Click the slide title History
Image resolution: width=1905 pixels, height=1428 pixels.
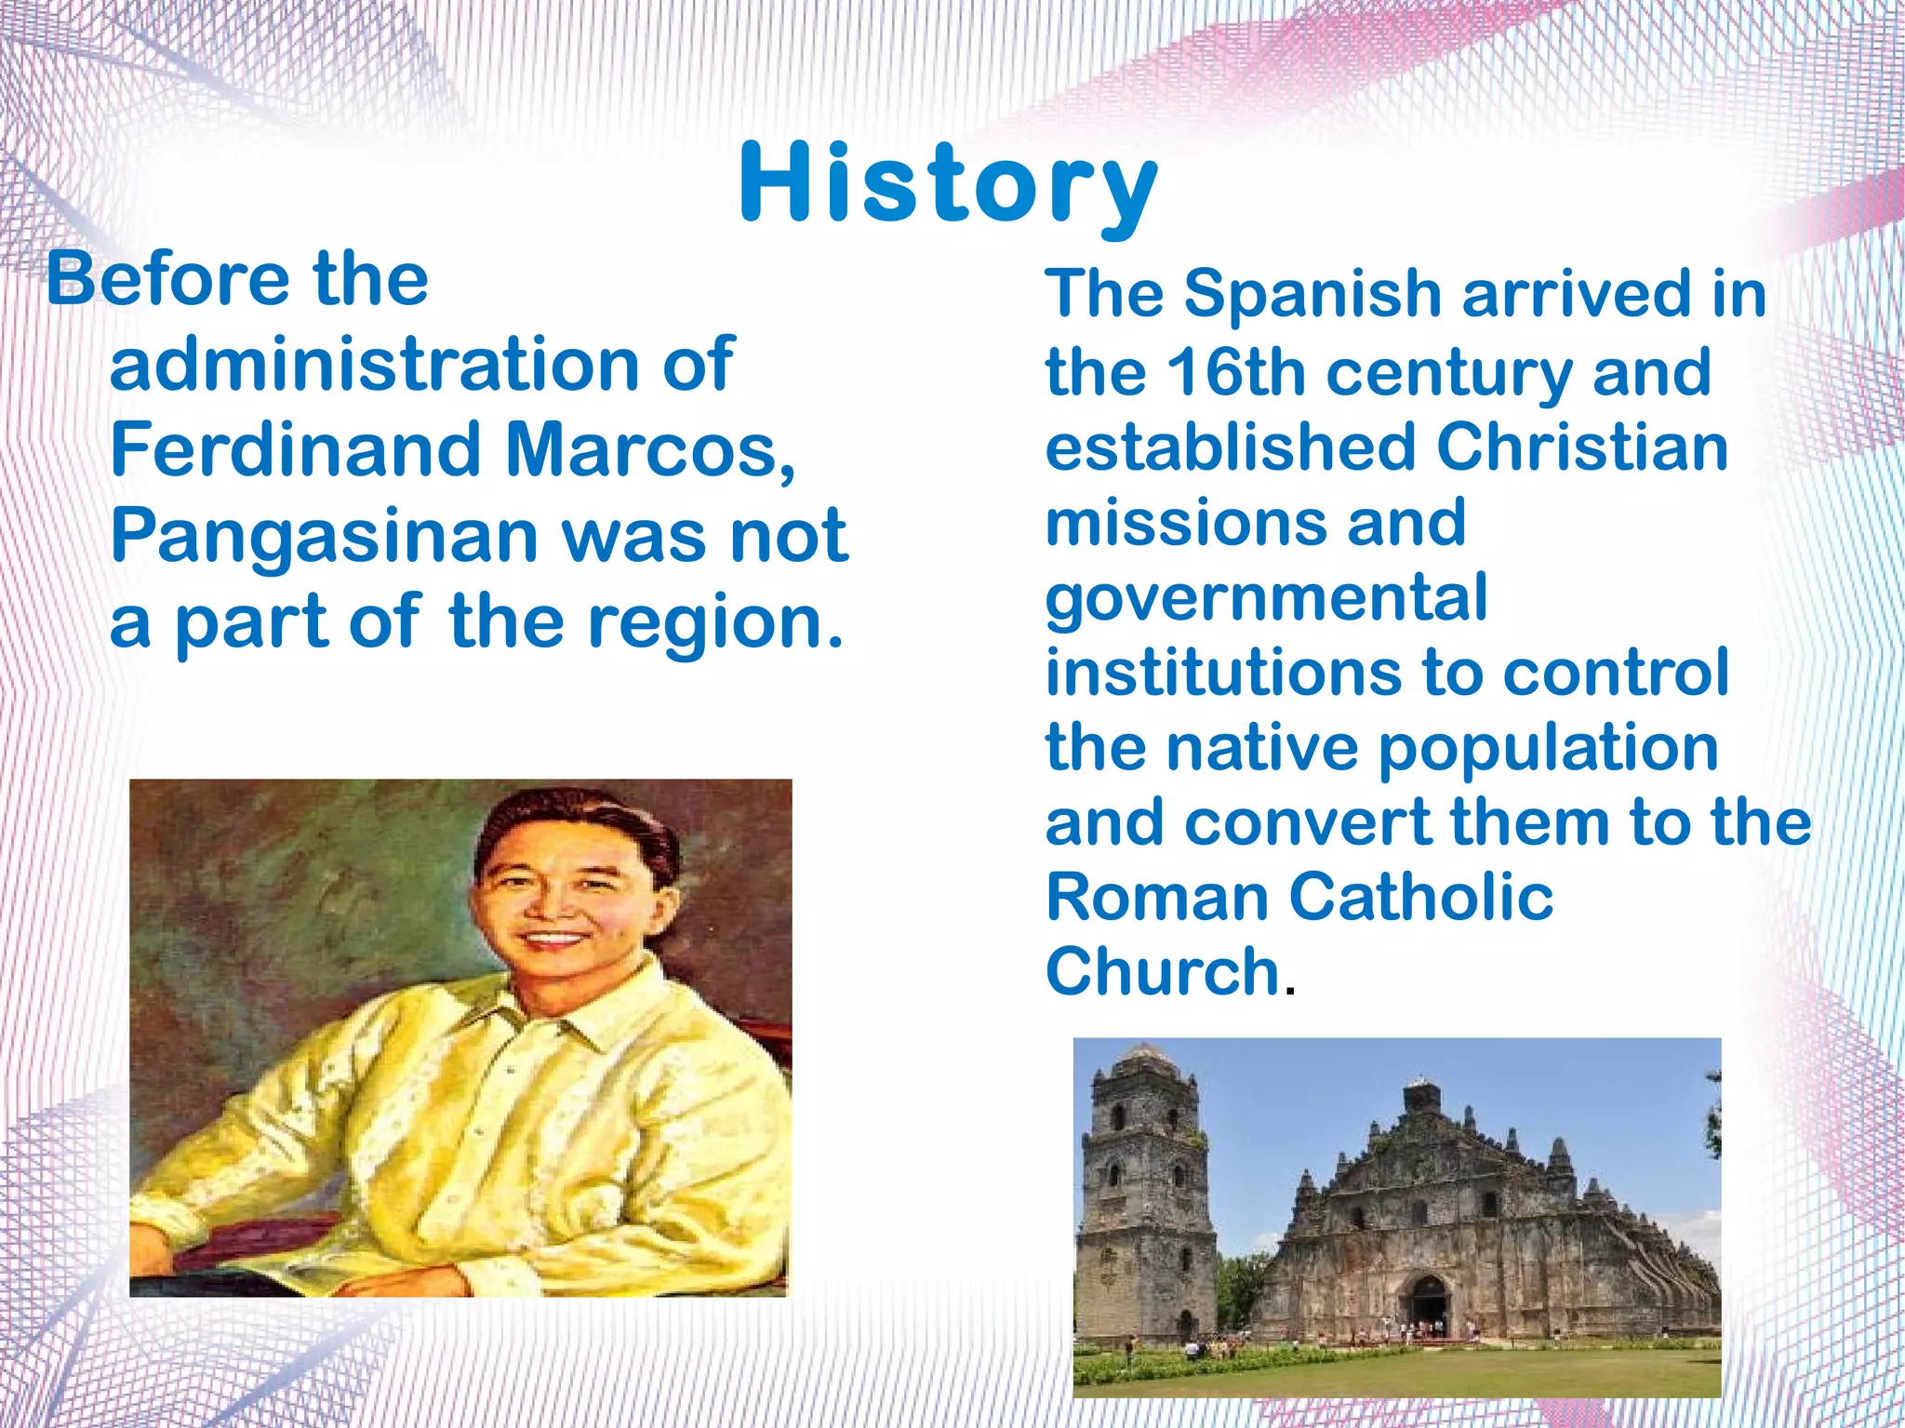click(949, 184)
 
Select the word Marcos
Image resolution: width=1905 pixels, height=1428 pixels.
click(649, 451)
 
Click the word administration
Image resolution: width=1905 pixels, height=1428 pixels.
click(373, 364)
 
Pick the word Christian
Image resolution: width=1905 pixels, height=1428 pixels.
click(1582, 447)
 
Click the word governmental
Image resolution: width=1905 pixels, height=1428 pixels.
click(1266, 600)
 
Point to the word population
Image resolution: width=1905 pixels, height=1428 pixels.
click(1548, 750)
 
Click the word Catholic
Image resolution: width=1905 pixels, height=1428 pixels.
click(1420, 897)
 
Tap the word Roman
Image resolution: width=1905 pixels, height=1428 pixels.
click(1158, 897)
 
